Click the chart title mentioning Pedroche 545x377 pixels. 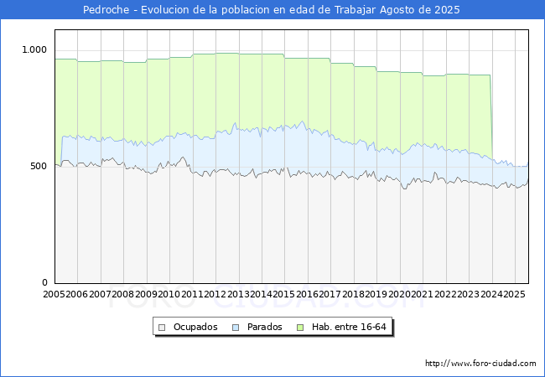pos(272,10)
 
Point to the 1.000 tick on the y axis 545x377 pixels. pos(34,49)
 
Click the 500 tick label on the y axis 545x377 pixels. pos(39,166)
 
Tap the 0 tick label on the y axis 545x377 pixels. pos(45,282)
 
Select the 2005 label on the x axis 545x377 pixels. pos(54,294)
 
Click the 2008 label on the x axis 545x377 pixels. pos(122,294)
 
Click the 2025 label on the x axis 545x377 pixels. pos(514,294)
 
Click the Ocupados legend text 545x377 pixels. pos(195,327)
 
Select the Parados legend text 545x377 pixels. pos(263,327)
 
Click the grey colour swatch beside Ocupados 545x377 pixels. pos(163,327)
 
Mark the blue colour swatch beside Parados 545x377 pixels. pos(236,327)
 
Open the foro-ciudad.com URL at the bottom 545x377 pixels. pos(480,364)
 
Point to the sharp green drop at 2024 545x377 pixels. pos(491,117)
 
